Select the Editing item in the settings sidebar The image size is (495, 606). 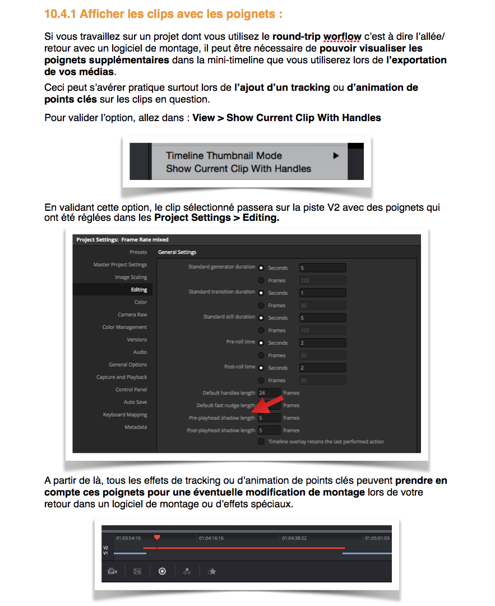point(139,290)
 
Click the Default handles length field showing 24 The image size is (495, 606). point(269,393)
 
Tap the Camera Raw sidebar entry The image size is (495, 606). point(132,314)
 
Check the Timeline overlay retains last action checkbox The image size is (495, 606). point(261,442)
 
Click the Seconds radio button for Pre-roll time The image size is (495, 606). point(261,343)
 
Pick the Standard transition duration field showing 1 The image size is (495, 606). point(322,293)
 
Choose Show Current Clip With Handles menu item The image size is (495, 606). point(238,169)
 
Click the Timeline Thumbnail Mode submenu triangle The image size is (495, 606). point(336,156)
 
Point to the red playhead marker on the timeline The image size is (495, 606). point(157,538)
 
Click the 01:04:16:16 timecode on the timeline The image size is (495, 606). point(211,538)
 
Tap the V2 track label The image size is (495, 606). point(105,548)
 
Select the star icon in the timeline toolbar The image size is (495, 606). point(212,572)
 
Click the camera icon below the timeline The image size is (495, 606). point(113,572)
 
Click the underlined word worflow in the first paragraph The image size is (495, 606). point(343,36)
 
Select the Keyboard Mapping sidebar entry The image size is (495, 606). point(125,415)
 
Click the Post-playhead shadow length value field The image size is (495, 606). point(269,431)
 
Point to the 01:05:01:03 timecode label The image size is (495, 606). point(377,538)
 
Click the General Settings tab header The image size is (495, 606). point(177,252)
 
